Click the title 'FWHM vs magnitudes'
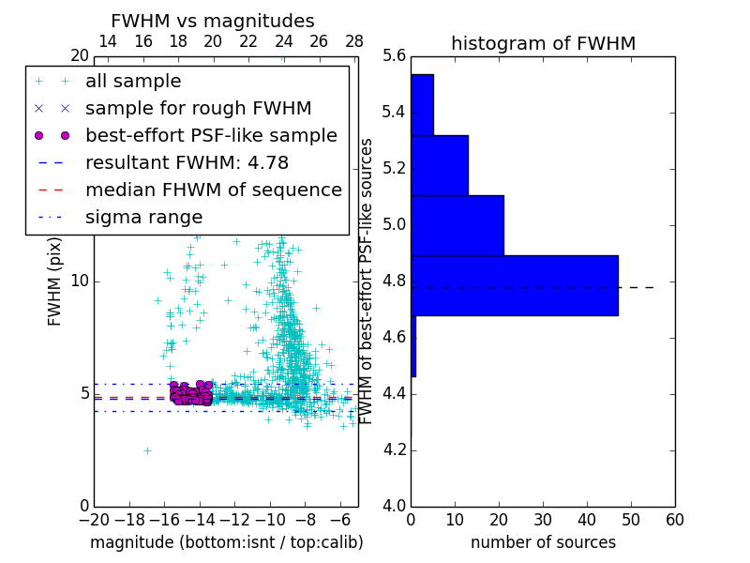213,22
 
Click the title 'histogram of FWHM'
543,44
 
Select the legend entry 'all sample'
133,82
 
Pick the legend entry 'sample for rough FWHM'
198,109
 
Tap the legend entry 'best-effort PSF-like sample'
211,135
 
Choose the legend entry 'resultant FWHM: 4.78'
200,162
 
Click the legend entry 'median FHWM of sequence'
213,190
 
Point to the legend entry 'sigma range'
143,217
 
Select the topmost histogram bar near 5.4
422,105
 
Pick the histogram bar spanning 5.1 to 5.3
439,165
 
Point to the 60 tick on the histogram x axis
674,518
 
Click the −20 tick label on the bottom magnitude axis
94,518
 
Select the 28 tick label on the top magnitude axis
354,41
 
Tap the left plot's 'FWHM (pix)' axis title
55,281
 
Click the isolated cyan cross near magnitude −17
147,450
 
